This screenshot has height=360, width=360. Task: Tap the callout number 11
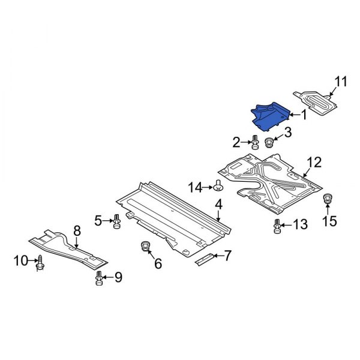point(340,82)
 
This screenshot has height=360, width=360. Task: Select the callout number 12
point(314,162)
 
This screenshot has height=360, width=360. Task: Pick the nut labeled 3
point(269,143)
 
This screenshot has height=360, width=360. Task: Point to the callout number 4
point(218,205)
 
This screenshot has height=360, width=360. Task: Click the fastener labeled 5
point(117,222)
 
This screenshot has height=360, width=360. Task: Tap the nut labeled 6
point(144,246)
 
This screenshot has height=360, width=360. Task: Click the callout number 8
point(77,230)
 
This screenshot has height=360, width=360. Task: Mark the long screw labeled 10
point(40,262)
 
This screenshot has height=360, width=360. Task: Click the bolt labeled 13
point(277,227)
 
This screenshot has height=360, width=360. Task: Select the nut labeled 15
point(328,199)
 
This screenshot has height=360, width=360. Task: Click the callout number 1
point(304,115)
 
